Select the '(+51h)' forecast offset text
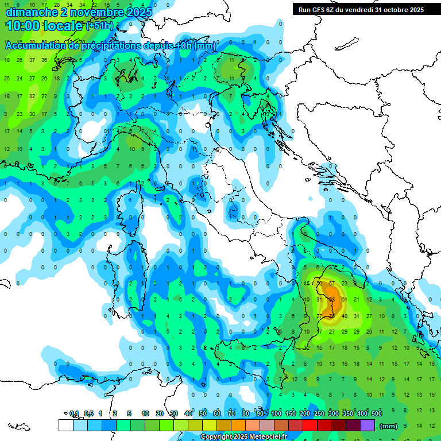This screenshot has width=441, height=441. click(99, 26)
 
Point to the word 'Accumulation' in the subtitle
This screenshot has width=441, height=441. click(36, 46)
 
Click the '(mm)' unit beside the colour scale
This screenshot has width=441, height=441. click(389, 425)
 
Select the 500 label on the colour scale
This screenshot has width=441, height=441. click(377, 413)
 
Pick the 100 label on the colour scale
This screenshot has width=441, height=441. click(276, 413)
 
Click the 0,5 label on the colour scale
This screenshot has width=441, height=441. click(88, 413)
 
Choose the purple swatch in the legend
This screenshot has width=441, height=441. click(367, 425)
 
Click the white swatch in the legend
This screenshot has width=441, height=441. click(65, 425)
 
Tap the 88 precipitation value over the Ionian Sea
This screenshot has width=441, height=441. click(332, 299)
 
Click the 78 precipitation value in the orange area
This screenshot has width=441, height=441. click(332, 316)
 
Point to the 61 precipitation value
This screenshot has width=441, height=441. click(345, 299)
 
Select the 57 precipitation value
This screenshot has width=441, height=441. click(332, 283)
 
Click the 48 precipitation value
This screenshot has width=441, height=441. click(345, 316)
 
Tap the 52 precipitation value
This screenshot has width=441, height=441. click(319, 283)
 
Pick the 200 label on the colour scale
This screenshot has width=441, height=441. click(305, 413)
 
